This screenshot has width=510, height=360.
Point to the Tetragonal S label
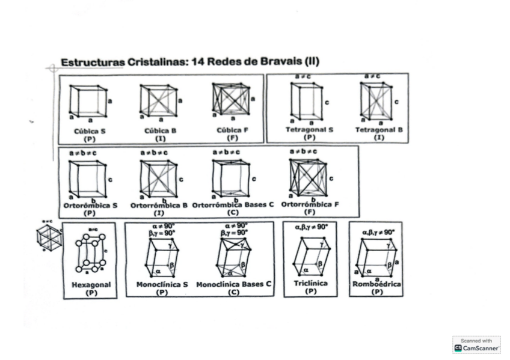[309, 130]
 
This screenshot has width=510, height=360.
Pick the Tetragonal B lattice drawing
[376, 100]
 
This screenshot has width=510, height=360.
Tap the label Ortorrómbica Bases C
[233, 205]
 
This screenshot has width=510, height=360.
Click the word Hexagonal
[91, 285]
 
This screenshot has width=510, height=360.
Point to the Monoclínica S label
[162, 284]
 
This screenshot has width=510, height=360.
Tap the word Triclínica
[310, 283]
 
